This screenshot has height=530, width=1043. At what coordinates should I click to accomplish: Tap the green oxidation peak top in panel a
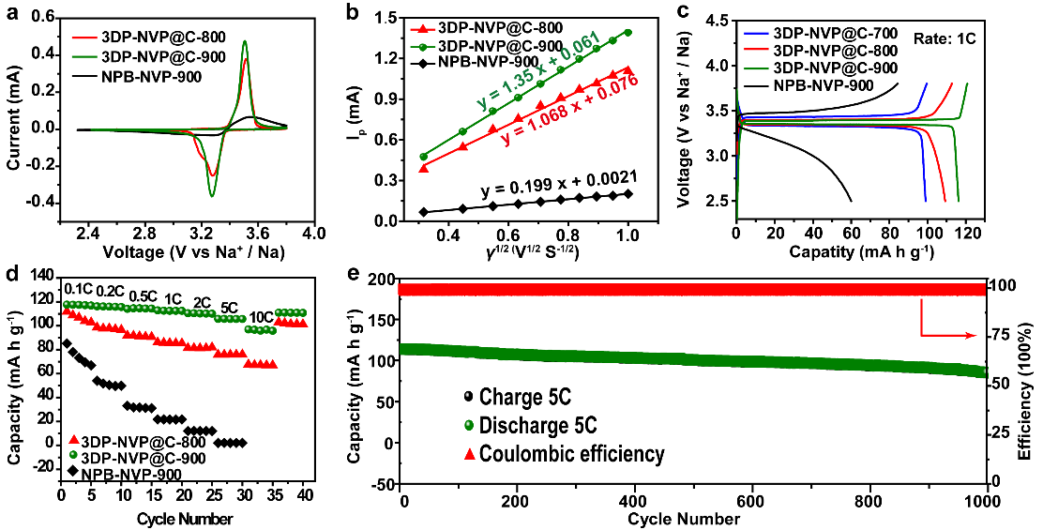point(245,41)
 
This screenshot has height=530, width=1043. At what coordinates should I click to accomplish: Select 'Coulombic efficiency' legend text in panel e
point(571,454)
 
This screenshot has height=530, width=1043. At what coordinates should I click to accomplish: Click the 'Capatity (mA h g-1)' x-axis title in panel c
point(853,251)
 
